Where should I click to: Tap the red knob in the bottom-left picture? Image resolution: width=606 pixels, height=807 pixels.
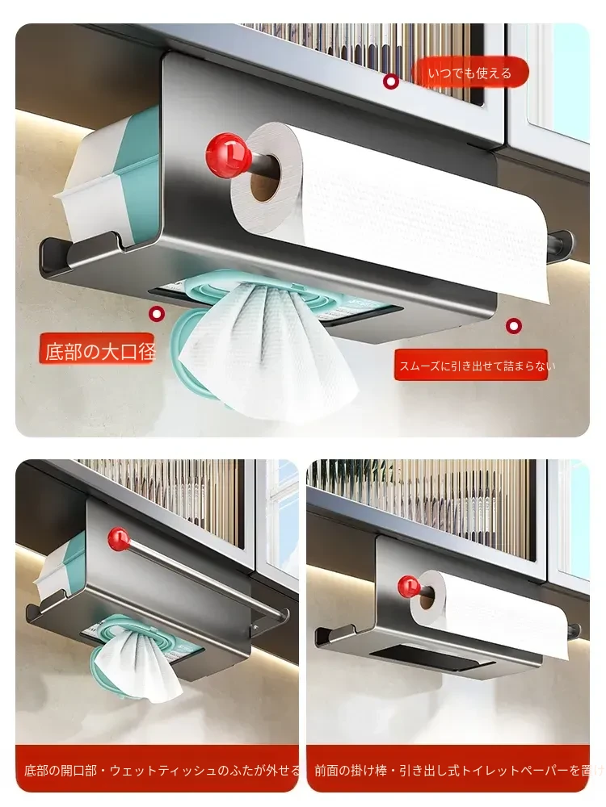coord(119,539)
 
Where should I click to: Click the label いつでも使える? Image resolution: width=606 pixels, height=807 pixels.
coord(470,73)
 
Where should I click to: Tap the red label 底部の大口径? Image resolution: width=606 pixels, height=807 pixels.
coord(98,350)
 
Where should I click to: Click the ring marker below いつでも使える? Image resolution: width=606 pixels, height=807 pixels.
coord(392,82)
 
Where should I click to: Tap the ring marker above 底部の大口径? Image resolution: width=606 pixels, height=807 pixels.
coord(157,314)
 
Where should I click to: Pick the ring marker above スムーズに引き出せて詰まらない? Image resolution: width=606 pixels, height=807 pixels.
coord(514,326)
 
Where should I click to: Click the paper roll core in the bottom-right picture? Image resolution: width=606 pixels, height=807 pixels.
coord(425,596)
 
